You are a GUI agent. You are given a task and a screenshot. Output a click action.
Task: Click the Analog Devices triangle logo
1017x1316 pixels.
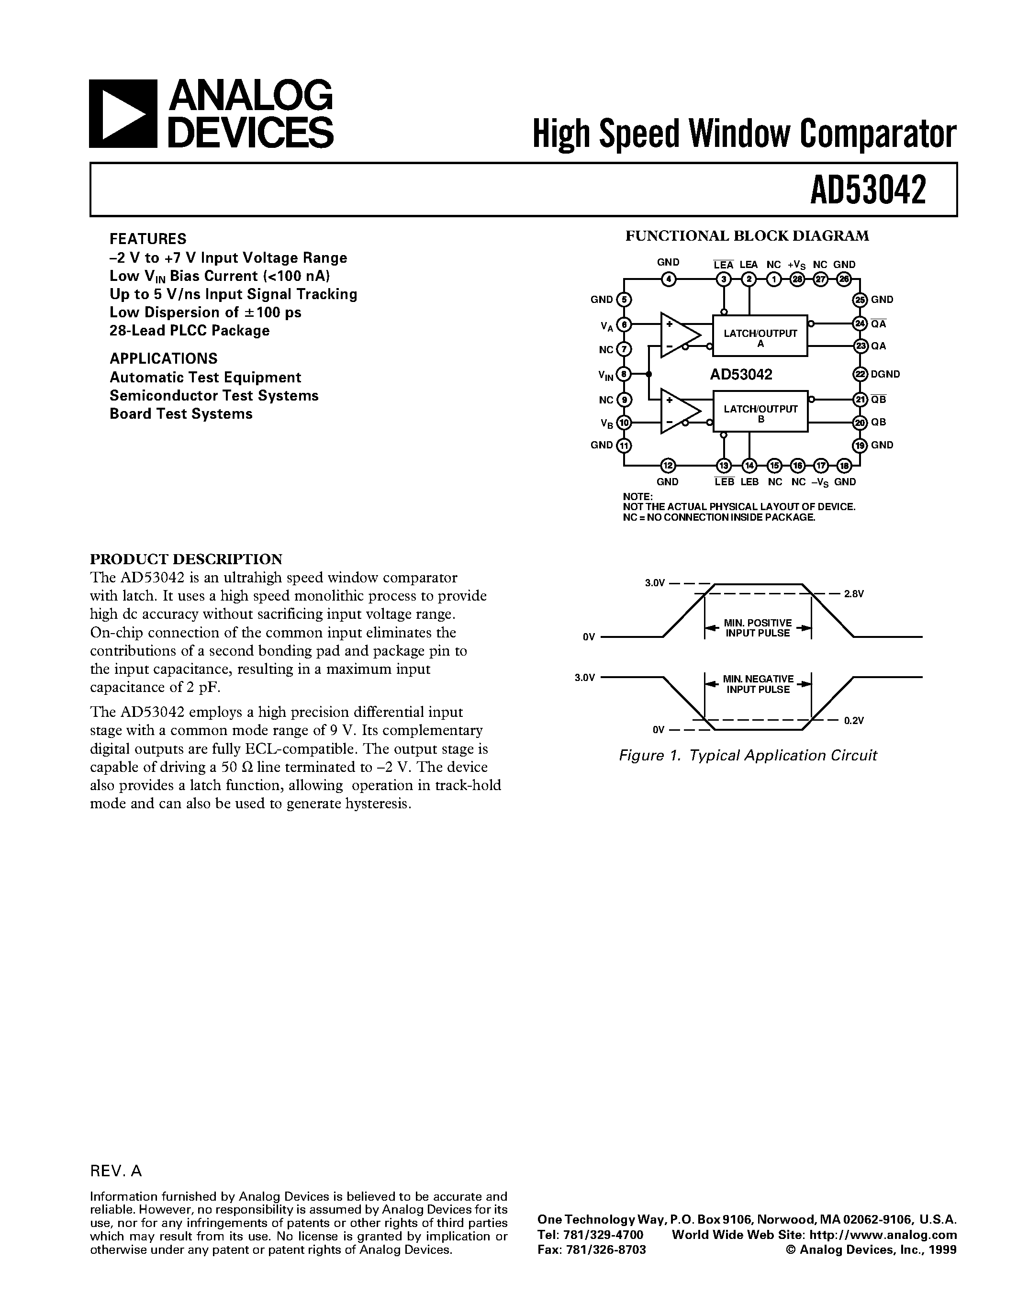(x=123, y=113)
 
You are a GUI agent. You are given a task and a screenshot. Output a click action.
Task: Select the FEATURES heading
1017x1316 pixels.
(x=147, y=239)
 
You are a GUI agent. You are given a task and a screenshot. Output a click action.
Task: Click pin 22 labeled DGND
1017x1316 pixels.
(x=860, y=374)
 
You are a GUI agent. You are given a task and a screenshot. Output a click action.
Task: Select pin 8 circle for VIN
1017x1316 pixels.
(x=624, y=374)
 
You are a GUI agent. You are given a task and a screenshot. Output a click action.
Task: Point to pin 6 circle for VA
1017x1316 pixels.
(x=624, y=324)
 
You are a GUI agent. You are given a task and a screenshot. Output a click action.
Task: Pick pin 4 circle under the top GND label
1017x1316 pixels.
(x=668, y=279)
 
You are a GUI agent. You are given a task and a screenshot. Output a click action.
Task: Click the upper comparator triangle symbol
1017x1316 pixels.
(x=679, y=335)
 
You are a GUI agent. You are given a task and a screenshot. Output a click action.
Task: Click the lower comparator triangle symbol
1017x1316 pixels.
(x=679, y=411)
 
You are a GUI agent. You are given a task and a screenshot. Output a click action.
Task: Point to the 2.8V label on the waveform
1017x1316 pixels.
(x=854, y=593)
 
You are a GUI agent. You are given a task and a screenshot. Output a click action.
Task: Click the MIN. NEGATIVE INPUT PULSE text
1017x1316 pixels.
(x=758, y=684)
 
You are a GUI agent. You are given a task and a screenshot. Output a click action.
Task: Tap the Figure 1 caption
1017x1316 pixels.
(x=748, y=755)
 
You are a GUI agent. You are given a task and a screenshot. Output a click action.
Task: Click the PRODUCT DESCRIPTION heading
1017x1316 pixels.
(x=186, y=558)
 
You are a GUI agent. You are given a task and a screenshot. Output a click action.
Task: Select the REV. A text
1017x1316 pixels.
(x=116, y=1170)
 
